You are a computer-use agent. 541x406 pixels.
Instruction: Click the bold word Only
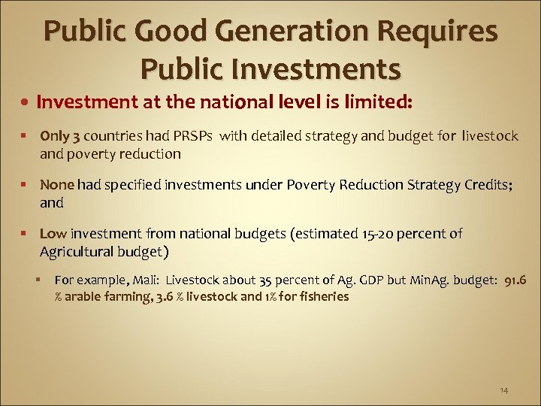55,136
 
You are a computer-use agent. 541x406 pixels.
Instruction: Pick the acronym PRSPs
192,136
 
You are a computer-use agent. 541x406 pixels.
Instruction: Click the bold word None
58,185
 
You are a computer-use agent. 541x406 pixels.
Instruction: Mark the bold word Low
52,234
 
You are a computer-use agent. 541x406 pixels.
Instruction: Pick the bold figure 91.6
512,280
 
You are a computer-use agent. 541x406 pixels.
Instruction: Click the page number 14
503,390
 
